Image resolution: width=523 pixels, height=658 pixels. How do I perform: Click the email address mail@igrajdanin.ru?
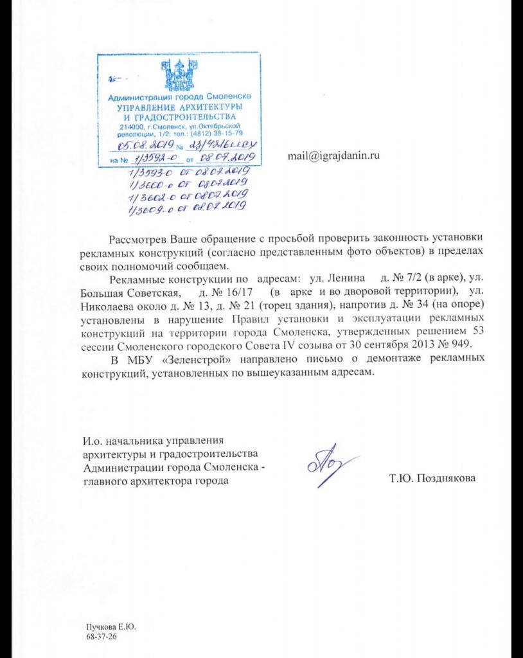point(334,156)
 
